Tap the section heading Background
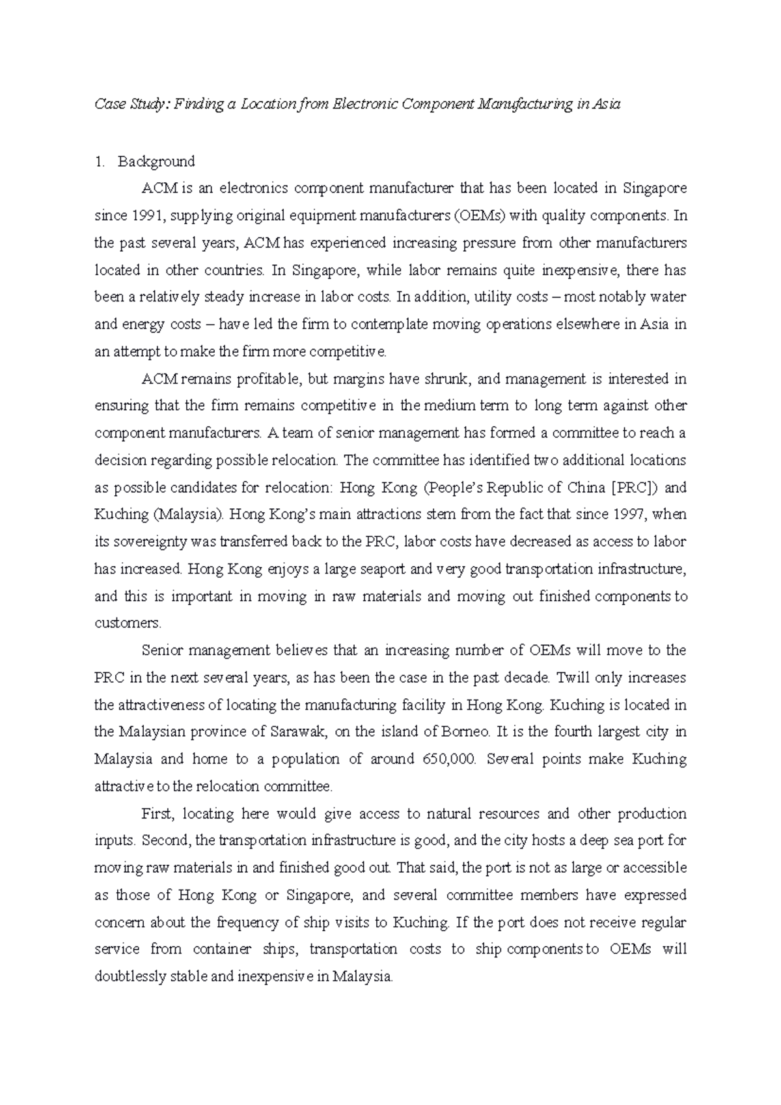pos(156,161)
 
